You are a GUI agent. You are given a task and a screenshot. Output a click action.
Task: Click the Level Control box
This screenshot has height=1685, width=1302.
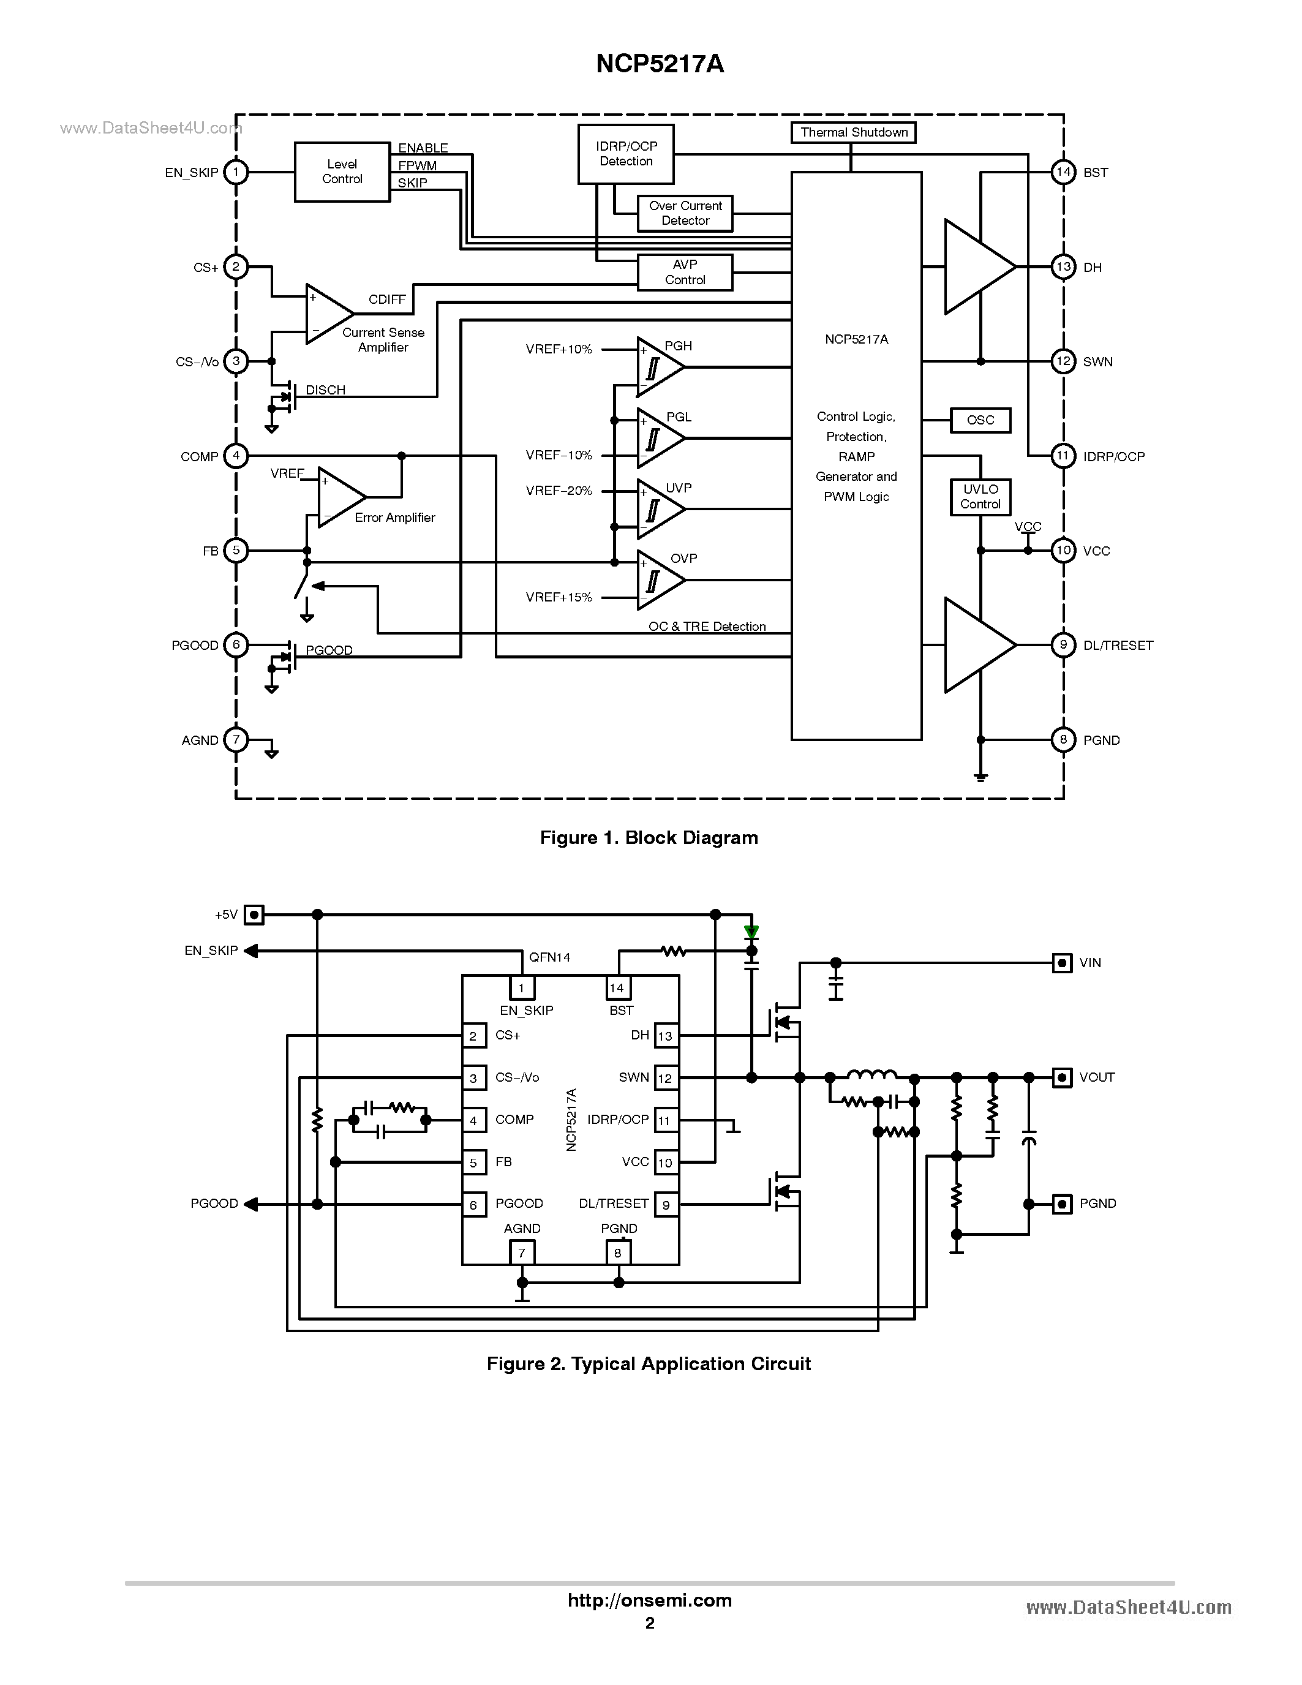coord(342,172)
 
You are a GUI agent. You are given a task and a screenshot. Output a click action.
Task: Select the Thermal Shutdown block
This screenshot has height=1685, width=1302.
coord(853,133)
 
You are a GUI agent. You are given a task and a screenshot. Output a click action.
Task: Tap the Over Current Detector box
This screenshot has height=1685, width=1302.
coord(685,214)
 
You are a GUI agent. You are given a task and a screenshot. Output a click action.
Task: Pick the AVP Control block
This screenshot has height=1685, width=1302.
coord(685,273)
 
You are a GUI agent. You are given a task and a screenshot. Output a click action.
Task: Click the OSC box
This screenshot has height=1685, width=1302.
coord(980,420)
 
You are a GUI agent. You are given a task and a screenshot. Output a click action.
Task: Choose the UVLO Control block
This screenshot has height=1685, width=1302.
coord(980,497)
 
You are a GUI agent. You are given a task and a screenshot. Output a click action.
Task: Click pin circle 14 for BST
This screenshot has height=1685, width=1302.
coord(1063,172)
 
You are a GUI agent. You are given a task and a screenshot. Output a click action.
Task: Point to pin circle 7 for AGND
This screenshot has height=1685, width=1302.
coord(236,740)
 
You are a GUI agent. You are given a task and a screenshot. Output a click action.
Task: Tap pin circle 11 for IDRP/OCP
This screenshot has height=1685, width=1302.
coord(1063,456)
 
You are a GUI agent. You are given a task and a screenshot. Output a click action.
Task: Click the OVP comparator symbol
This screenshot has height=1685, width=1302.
coord(657,580)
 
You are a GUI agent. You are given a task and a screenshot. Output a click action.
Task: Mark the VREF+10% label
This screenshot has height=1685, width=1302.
coord(559,350)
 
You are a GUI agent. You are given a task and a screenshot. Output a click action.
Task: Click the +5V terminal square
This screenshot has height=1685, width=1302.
coord(254,915)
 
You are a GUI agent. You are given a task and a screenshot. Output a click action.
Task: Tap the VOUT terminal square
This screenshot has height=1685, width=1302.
coord(1062,1078)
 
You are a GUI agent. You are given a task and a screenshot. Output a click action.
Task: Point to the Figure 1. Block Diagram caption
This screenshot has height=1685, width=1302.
coord(649,838)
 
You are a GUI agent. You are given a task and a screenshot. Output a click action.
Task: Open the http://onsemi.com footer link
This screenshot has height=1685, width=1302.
coord(649,1600)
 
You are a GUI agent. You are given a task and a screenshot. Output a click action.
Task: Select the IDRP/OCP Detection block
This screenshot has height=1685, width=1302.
coord(625,154)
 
